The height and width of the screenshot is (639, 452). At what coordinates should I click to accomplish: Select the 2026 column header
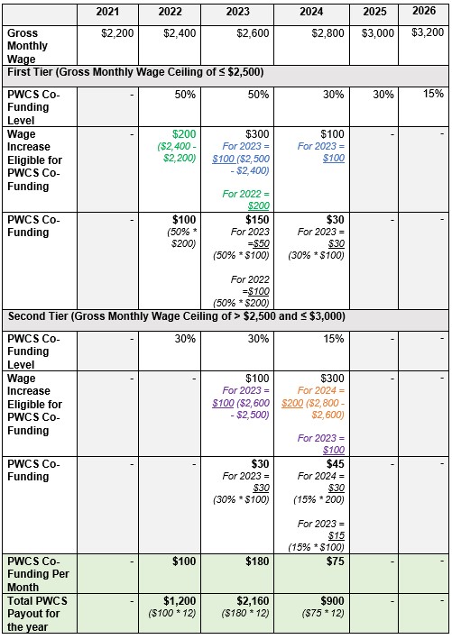(x=427, y=12)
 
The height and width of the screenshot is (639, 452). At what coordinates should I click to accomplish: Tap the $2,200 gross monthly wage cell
(x=117, y=33)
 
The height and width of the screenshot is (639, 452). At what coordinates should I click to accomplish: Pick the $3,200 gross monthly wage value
(x=427, y=32)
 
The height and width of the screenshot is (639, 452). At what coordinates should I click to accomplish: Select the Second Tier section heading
(x=177, y=316)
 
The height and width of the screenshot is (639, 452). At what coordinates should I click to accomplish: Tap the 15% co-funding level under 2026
(x=433, y=94)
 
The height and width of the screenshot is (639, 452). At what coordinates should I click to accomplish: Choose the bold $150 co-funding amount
(x=259, y=220)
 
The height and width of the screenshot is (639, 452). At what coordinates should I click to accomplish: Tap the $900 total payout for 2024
(x=333, y=600)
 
